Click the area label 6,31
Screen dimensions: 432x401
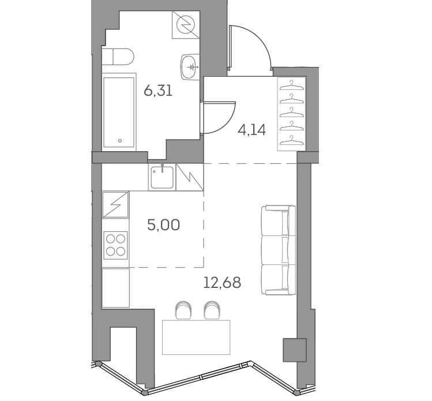158,91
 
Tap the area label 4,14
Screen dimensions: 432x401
251,130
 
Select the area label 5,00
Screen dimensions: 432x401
164,225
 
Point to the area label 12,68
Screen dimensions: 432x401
222,283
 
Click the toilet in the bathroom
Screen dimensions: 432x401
118,57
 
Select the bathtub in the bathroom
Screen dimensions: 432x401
119,112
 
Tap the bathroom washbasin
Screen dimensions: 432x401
190,66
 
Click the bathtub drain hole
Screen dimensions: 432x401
120,141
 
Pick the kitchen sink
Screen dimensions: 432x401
162,177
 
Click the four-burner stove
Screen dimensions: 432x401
116,245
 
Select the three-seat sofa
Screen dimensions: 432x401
278,250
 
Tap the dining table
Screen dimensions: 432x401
196,337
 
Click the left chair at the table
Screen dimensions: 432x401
183,310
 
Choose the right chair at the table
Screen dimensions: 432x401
212,310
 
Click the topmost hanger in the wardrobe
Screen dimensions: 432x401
291,85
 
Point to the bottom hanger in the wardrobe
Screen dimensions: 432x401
291,140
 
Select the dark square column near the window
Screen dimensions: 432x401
295,350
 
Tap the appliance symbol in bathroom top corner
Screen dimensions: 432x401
186,25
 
